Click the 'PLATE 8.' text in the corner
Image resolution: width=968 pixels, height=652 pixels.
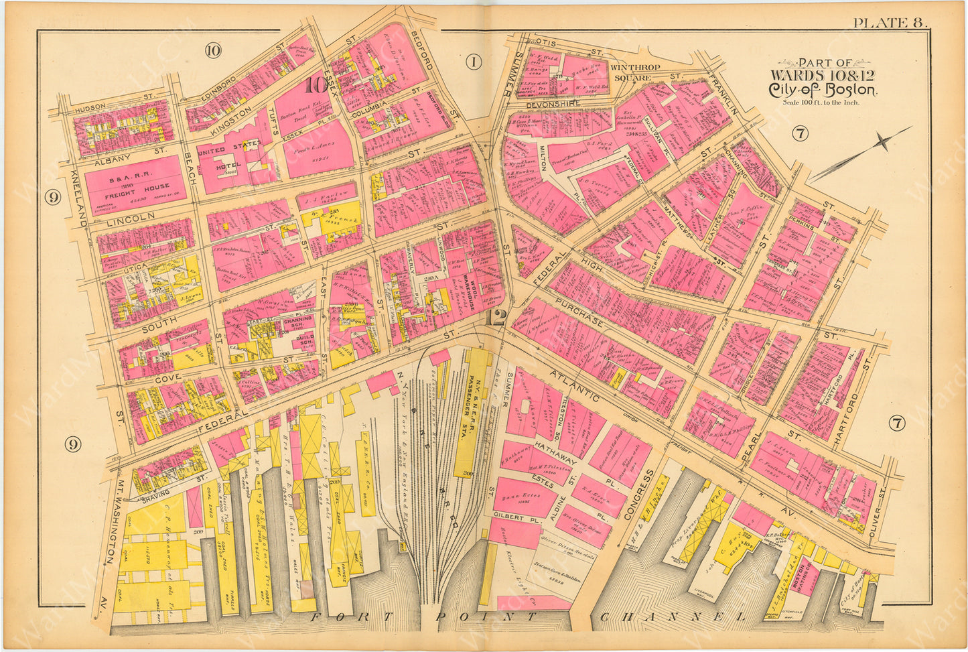890,21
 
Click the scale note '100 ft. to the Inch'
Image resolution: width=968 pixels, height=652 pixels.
821,103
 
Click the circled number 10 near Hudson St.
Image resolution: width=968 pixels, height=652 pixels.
213,50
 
